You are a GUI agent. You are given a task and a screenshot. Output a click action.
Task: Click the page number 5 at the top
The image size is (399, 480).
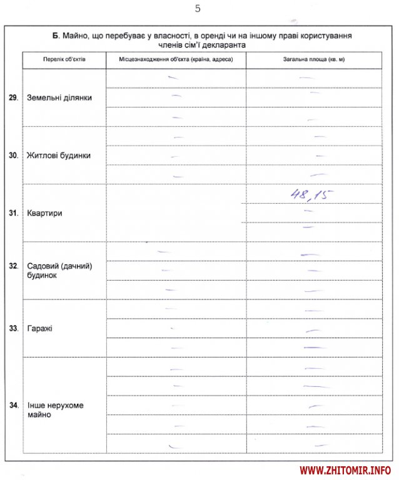[x=198, y=9]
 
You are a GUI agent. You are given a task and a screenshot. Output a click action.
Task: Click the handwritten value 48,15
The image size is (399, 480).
[x=311, y=194]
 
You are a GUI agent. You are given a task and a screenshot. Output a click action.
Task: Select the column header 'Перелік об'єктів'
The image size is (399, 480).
[x=64, y=59]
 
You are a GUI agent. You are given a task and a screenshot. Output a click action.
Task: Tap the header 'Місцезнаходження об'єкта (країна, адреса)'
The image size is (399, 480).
[x=176, y=59]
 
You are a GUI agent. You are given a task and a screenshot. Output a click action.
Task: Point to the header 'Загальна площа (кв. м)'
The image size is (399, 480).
[x=313, y=59]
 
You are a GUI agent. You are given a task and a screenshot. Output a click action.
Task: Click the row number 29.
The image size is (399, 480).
[x=13, y=97]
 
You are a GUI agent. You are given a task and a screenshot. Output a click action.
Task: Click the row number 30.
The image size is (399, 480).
[x=13, y=155]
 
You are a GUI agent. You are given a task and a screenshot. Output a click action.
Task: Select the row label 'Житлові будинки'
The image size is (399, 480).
[x=59, y=155]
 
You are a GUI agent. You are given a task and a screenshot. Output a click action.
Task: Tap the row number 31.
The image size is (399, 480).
[x=13, y=213]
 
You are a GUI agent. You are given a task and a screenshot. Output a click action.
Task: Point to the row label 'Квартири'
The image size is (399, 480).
[x=44, y=213]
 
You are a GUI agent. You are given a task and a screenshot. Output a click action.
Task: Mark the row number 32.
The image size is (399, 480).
[x=13, y=266]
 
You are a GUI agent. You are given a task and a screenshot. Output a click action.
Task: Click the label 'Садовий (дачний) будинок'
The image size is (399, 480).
[x=59, y=271]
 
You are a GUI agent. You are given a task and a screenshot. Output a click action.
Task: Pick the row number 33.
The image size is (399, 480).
[x=13, y=328]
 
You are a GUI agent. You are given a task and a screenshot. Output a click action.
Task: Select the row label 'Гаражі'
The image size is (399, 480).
[x=39, y=328]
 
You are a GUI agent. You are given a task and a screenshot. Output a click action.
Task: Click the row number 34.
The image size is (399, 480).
[x=13, y=405]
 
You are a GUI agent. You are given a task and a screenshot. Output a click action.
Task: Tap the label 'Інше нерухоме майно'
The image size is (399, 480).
[x=55, y=410]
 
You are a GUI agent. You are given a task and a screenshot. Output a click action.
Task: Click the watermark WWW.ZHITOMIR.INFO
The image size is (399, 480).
[x=345, y=469]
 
